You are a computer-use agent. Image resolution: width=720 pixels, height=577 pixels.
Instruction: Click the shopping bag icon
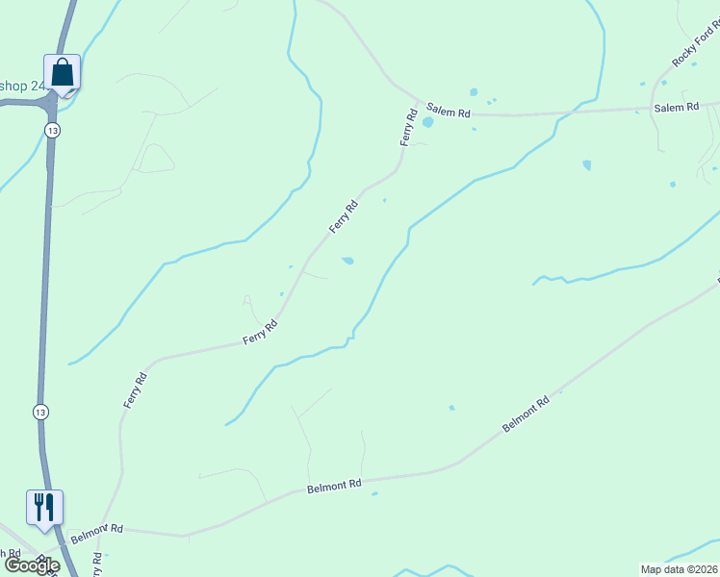(62, 73)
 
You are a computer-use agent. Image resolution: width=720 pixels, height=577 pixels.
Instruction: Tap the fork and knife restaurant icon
(44, 506)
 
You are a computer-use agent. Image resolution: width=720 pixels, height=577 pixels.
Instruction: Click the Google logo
(32, 565)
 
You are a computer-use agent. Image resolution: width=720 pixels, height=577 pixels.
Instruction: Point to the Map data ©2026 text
(679, 569)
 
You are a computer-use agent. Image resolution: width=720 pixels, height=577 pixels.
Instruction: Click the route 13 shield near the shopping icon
(52, 130)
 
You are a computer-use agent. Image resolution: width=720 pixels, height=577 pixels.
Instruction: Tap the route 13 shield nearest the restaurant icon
(39, 412)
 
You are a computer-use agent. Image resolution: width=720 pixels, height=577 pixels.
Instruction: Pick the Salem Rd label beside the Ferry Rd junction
(450, 113)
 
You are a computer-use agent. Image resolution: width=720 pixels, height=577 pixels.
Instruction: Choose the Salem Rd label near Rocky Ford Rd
(676, 108)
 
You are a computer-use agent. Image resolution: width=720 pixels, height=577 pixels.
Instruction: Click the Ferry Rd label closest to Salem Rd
(409, 127)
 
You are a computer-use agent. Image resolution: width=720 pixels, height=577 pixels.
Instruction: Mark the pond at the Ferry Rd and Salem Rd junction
(427, 122)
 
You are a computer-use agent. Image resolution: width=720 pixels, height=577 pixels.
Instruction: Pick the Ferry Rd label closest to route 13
(135, 389)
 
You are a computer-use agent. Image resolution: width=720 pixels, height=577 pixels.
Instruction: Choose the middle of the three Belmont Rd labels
(334, 487)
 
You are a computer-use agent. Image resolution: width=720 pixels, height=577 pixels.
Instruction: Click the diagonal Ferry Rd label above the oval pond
(344, 215)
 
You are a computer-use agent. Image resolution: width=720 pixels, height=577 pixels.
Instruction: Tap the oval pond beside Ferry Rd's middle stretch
(347, 260)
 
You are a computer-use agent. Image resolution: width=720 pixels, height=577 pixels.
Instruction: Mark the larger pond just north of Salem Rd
(473, 92)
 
